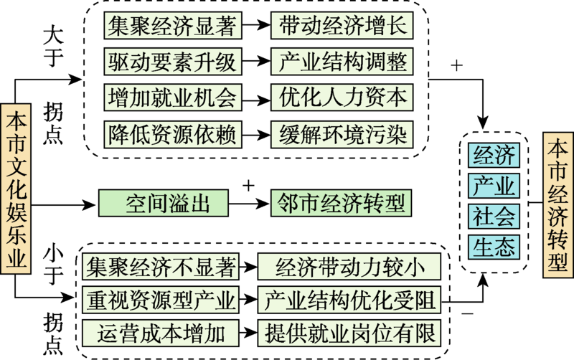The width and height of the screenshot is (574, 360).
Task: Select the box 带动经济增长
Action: [341, 27]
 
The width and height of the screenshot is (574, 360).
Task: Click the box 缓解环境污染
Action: [341, 132]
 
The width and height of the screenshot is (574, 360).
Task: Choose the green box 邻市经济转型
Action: [341, 204]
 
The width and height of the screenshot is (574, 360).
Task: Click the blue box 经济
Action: [493, 155]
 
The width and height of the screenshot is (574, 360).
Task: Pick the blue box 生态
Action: [493, 247]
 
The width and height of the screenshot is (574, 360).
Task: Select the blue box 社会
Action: [493, 216]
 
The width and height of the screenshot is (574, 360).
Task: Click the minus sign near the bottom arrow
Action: [468, 313]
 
